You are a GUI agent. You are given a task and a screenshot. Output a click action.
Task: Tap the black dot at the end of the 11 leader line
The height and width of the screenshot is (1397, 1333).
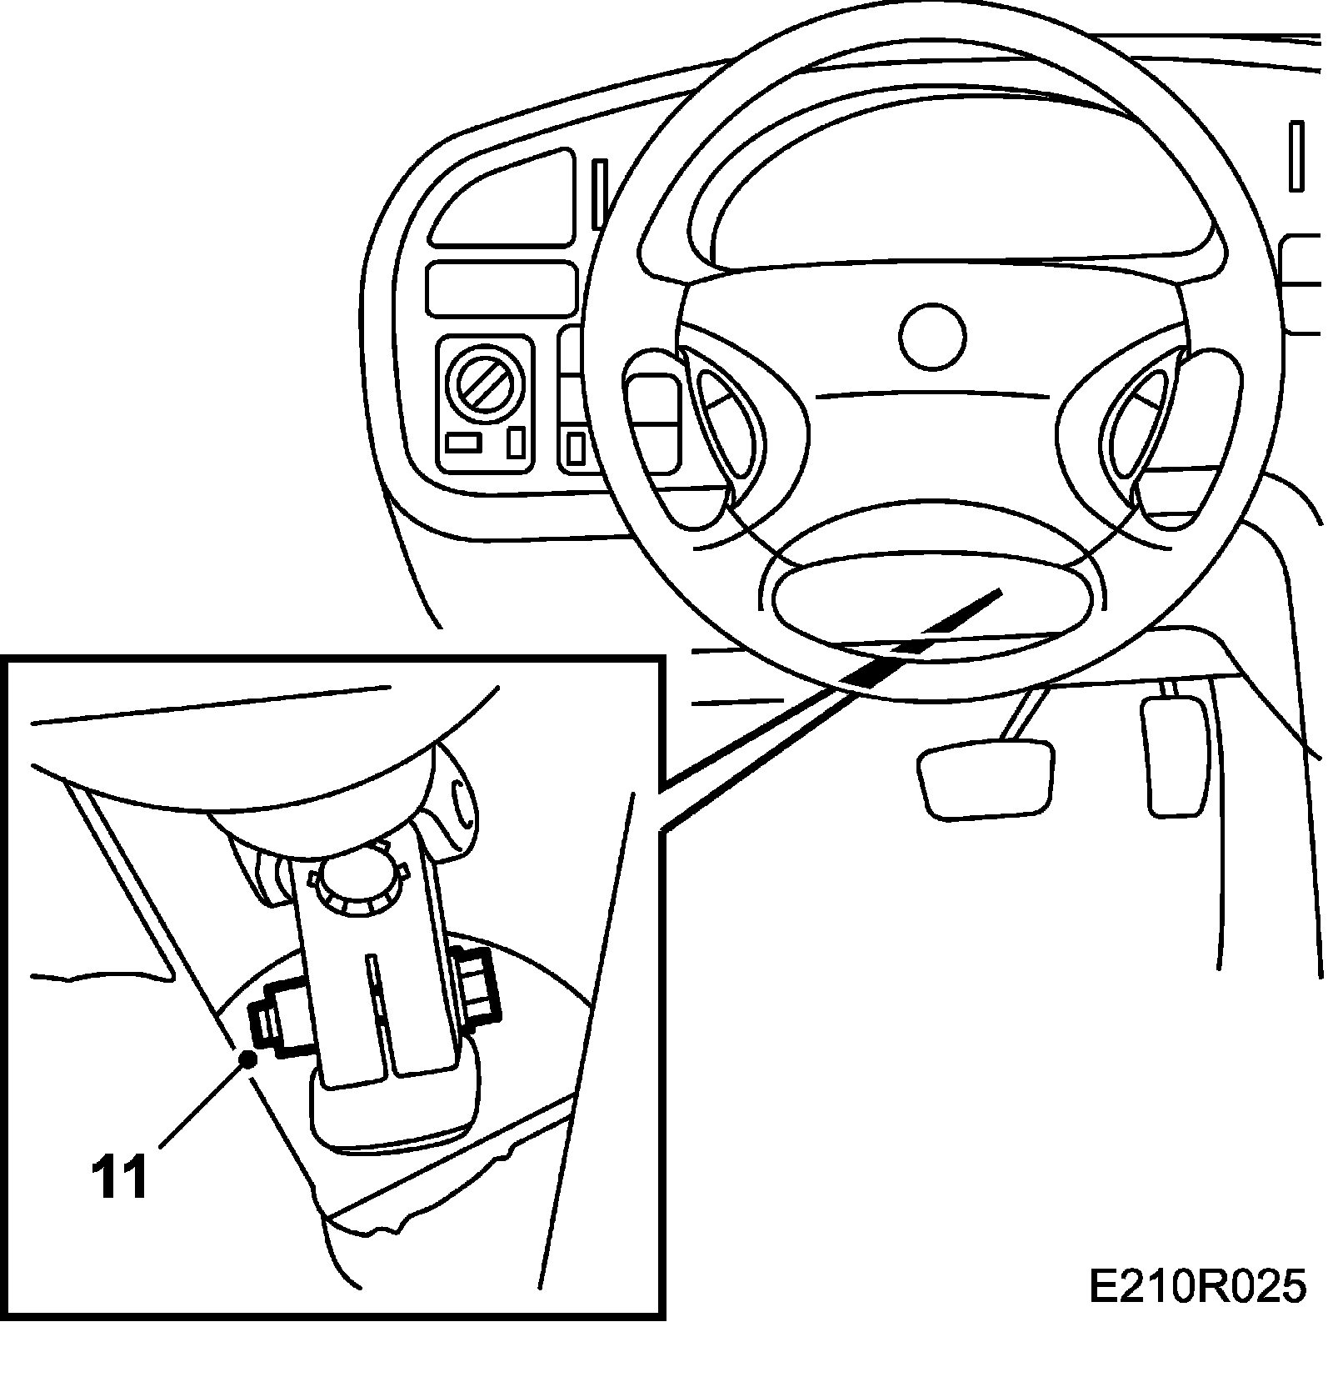(247, 1058)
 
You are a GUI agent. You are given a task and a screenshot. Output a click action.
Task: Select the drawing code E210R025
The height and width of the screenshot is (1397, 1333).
(1196, 1288)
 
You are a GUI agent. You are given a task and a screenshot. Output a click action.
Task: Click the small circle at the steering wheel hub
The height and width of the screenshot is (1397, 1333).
(932, 336)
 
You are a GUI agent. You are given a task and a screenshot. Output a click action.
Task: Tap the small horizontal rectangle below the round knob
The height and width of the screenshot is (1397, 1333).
(463, 443)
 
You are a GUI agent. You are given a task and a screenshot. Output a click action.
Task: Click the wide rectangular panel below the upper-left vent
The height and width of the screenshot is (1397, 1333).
(502, 288)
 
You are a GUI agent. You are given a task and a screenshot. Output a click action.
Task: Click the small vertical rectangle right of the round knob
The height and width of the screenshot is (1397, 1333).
(516, 441)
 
